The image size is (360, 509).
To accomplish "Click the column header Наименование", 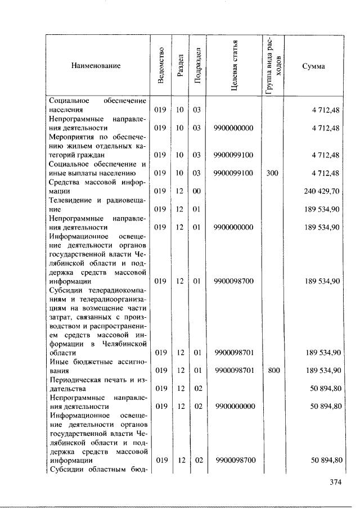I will click(96, 66).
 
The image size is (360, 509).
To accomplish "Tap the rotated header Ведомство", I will click(161, 66).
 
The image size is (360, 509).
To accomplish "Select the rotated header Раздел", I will click(179, 66).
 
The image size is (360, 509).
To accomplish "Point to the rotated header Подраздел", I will click(196, 66).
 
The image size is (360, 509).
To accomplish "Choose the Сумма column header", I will click(313, 66).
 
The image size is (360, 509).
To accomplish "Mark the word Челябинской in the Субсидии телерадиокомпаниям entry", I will click(125, 343).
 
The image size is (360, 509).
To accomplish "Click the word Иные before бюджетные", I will click(58, 361).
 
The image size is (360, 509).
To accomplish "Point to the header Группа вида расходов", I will click(273, 66).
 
